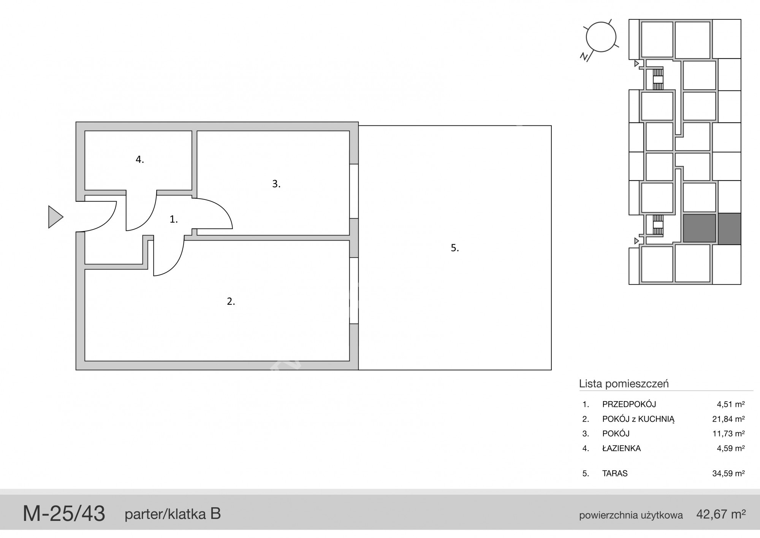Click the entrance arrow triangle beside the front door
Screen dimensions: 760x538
(55, 217)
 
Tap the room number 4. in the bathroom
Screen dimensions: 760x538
(140, 160)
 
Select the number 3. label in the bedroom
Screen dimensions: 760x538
(276, 184)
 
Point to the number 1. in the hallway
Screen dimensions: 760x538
(174, 219)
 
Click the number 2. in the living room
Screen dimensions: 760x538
(231, 301)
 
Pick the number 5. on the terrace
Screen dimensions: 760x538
(455, 248)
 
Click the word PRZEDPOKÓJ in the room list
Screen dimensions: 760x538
(629, 404)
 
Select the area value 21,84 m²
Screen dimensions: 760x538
(728, 419)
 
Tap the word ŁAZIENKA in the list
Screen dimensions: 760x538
(622, 448)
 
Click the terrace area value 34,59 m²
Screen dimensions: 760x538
(728, 473)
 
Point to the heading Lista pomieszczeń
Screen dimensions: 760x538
(624, 384)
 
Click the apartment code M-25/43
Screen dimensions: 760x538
(64, 514)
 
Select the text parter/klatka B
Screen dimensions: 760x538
(173, 514)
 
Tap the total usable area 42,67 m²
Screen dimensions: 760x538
(721, 514)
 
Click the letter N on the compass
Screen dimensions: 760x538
(584, 56)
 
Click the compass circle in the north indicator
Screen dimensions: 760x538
(601, 37)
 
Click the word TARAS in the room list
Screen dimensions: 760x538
(615, 473)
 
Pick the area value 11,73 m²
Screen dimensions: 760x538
(728, 434)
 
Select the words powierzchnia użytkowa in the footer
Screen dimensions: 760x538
(631, 516)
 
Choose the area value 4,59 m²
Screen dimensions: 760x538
(731, 448)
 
